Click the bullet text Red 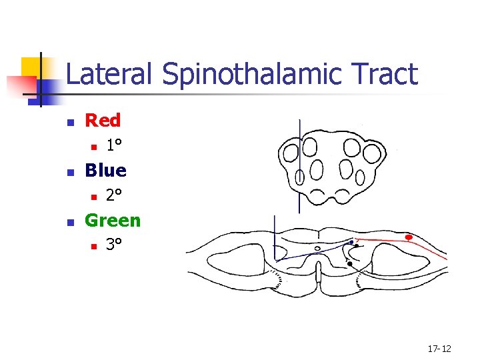click(x=103, y=121)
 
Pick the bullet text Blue click(x=105, y=171)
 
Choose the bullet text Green click(x=113, y=220)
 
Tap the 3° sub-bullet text click(x=114, y=245)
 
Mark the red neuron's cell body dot click(x=409, y=237)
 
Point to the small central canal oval click(x=317, y=249)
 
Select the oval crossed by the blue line click(x=299, y=177)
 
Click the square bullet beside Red click(x=69, y=122)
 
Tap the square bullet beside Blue click(x=69, y=172)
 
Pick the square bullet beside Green click(x=69, y=221)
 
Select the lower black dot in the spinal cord click(x=349, y=265)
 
